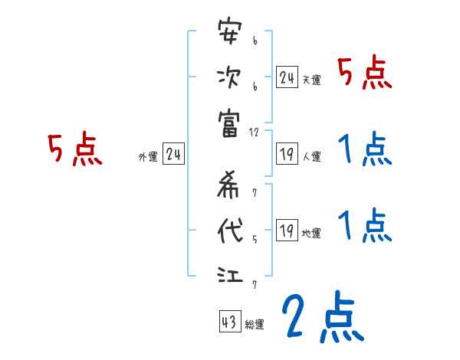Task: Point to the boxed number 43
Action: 229,322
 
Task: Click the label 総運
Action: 255,325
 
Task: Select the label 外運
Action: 148,158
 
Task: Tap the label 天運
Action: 312,80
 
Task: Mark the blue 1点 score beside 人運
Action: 365,149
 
